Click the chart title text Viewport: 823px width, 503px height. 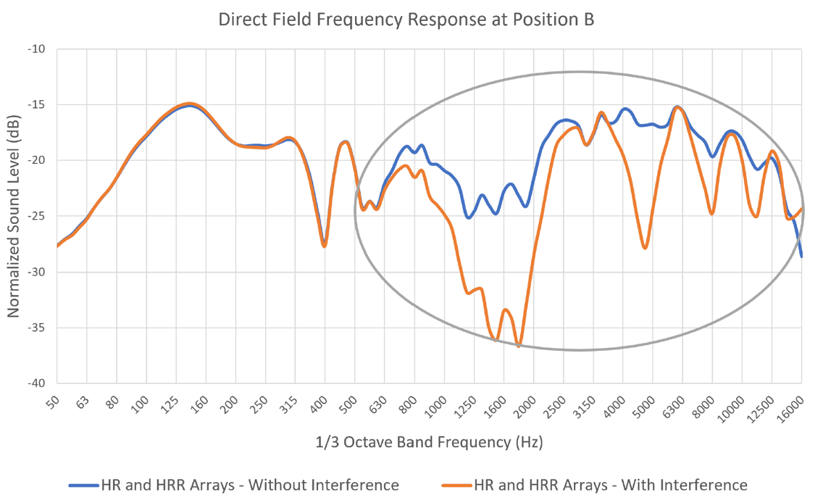coord(406,20)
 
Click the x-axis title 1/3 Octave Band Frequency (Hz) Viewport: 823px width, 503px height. coord(429,441)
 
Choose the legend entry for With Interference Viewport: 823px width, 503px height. coord(610,485)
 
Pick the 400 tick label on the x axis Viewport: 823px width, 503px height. coord(317,404)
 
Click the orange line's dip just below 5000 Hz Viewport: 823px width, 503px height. coord(645,248)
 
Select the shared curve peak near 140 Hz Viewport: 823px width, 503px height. coord(189,104)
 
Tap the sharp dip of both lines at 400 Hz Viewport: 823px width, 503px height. coord(325,246)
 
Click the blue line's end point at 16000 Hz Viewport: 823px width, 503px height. coord(801,256)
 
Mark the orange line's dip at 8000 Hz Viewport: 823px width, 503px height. coord(712,214)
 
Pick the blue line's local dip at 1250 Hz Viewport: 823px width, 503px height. coord(468,217)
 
